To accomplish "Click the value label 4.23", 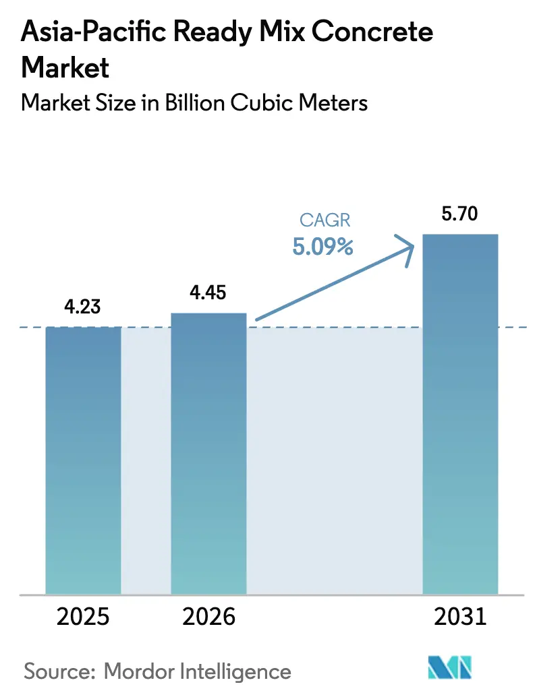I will coord(82,307).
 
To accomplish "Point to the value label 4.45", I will coord(208,293).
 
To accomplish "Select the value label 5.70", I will coord(460,215).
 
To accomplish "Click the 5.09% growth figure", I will coord(322,247).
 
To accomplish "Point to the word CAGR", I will coord(322,221).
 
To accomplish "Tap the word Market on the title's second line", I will coord(65,67).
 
